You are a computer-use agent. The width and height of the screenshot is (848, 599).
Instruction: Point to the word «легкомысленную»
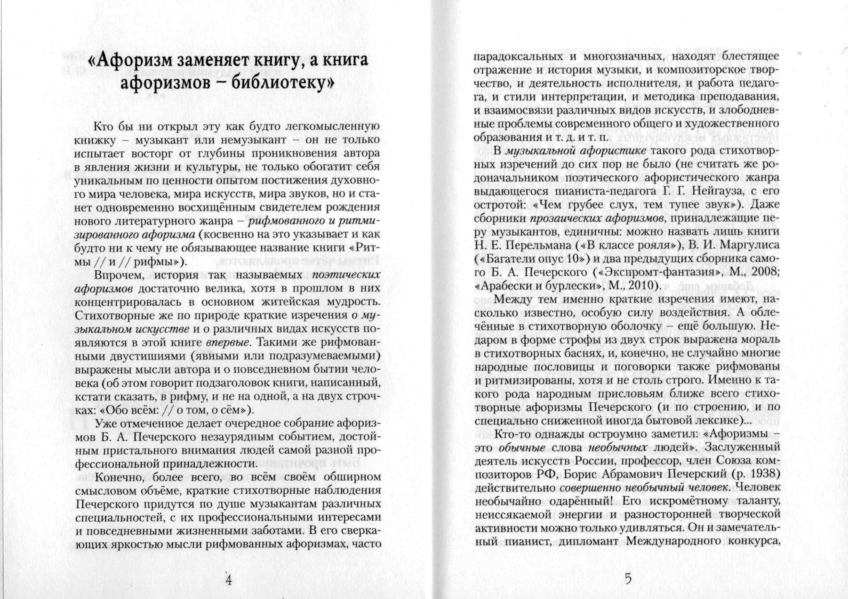(x=333, y=127)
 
